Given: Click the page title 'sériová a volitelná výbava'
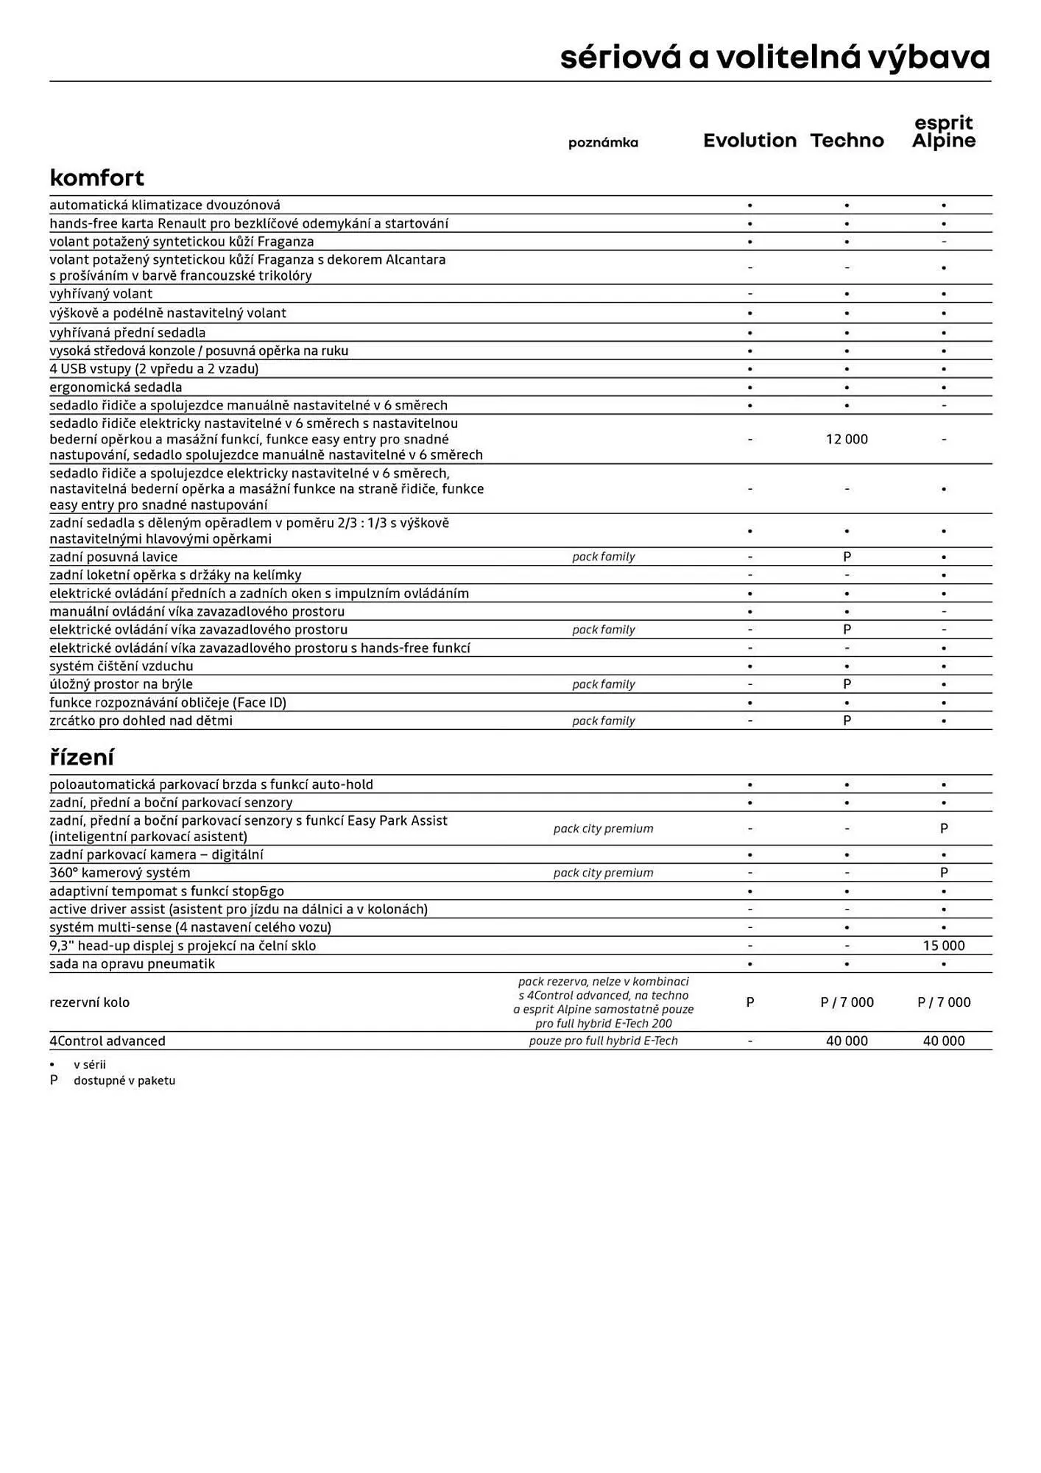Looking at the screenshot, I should (774, 57).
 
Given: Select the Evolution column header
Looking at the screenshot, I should (749, 141).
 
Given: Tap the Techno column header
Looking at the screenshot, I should (847, 141).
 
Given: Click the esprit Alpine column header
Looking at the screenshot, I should (943, 133).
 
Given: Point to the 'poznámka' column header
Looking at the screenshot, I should (603, 143).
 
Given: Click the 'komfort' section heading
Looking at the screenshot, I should (96, 177).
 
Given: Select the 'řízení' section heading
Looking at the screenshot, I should (81, 757).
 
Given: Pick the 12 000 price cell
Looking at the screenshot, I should (847, 439).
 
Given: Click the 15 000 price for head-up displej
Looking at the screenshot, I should (943, 946).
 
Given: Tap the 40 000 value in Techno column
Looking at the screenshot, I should (847, 1041).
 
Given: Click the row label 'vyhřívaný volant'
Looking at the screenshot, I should (101, 294).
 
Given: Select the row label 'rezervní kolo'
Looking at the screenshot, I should (89, 1002).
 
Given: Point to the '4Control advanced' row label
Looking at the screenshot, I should (107, 1041).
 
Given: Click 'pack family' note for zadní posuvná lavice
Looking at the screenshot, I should (603, 557).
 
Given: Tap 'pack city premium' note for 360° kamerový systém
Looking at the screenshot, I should (603, 873).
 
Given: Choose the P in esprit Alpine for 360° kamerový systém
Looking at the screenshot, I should (944, 873).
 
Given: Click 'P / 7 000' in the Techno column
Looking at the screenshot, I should (847, 1002).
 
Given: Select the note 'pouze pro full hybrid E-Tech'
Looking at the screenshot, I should (603, 1041).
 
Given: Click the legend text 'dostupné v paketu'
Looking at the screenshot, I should (124, 1080).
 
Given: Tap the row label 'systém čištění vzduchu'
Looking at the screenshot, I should (121, 666).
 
